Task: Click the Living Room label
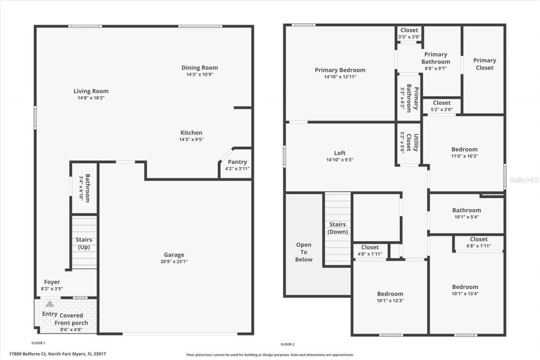point(91,91)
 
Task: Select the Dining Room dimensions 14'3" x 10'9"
point(200,75)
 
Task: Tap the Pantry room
point(237,165)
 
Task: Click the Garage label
point(174,255)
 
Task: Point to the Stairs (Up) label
point(84,244)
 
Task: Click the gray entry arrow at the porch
point(50,303)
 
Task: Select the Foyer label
point(52,282)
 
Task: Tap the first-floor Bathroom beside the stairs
point(84,188)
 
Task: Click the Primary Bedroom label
point(340,70)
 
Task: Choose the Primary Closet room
point(484,64)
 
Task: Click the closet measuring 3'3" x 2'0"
point(409,33)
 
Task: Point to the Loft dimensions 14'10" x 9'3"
point(340,160)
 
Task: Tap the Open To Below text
point(304,252)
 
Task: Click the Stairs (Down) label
point(337,228)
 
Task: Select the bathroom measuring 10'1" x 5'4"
point(466,214)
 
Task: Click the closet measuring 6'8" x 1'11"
point(478,242)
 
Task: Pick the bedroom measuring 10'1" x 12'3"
point(390,297)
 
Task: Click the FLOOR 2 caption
point(288,344)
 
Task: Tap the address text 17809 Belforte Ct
point(27,354)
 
